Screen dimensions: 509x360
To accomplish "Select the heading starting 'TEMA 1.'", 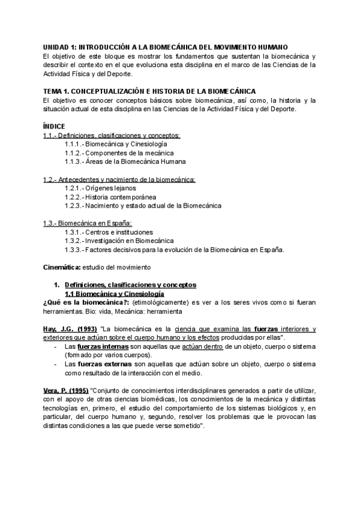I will (149, 91).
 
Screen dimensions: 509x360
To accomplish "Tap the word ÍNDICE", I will (55, 127).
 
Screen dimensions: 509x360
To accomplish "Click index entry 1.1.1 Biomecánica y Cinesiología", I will (116, 144).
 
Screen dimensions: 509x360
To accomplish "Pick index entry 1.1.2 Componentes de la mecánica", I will (118, 153).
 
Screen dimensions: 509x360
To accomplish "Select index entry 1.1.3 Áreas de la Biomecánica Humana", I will (125, 161).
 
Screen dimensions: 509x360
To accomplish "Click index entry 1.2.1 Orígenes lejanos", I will (103, 188).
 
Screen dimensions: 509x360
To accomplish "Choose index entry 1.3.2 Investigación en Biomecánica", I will (118, 241).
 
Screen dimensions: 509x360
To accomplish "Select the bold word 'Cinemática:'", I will (62, 267).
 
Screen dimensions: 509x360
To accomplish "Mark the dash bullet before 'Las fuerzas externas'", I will (56, 364).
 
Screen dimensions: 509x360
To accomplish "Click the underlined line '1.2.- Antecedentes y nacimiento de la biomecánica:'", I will (119, 179).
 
